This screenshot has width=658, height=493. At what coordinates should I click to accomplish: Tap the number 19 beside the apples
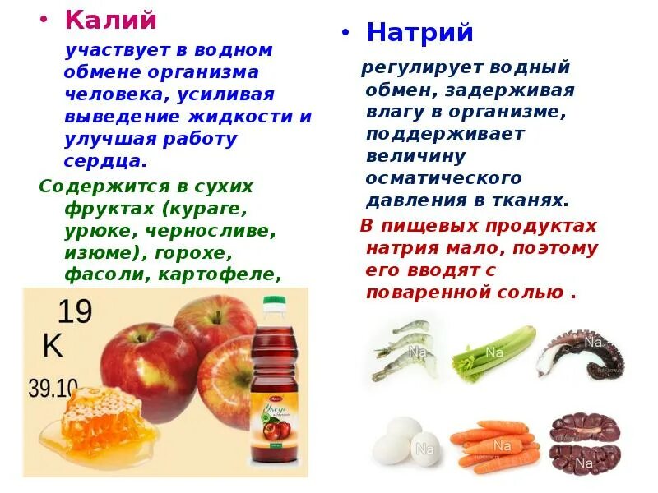[x=73, y=313]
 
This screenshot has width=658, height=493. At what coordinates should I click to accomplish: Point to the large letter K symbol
[x=52, y=346]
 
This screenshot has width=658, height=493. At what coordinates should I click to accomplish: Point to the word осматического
[x=444, y=178]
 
